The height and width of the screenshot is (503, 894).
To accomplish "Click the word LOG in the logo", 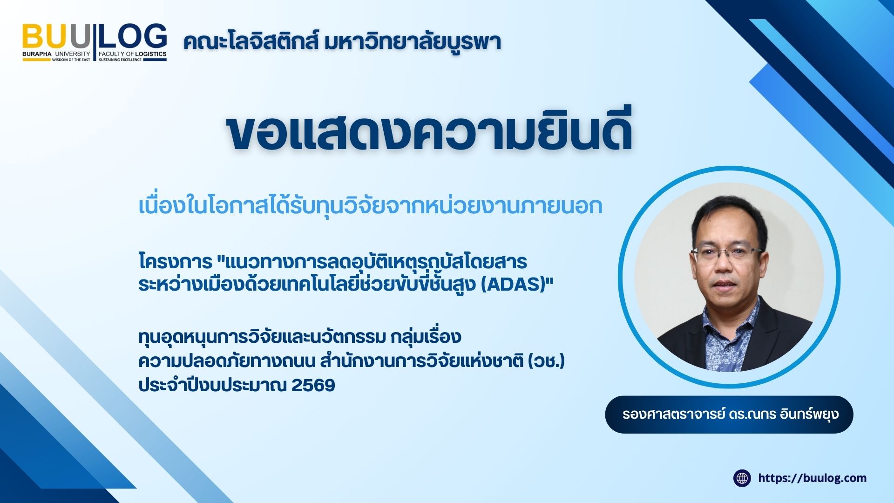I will (x=133, y=36).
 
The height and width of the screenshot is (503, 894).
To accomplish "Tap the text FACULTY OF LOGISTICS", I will (x=132, y=54).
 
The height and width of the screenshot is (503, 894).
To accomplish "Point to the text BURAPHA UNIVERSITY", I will (x=56, y=54).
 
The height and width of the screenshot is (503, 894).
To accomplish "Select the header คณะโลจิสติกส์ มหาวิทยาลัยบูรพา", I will (x=342, y=42).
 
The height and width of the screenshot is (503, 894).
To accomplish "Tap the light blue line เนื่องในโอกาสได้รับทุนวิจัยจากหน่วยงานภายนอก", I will (x=370, y=206).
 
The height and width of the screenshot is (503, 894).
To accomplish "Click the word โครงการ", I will (x=176, y=262).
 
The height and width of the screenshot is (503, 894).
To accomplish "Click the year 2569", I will (x=313, y=386).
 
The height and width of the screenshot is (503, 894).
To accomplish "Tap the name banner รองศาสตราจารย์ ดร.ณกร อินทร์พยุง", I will (x=729, y=414).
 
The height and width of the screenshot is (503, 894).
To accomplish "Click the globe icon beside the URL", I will (x=742, y=478).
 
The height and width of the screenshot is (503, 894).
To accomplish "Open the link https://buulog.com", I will (x=812, y=478).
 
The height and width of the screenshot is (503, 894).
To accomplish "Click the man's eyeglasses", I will (x=726, y=254).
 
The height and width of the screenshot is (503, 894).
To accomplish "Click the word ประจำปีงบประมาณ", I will (x=212, y=386).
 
